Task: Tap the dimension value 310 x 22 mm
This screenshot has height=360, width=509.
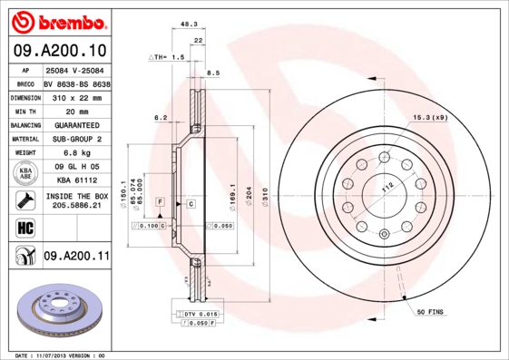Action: pos(76,96)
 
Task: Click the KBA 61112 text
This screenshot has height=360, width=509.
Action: pos(76,181)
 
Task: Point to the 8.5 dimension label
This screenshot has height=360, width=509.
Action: pos(214,73)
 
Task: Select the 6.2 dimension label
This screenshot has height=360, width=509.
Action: pos(161,117)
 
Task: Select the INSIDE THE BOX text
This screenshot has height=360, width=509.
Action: pos(76,196)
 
